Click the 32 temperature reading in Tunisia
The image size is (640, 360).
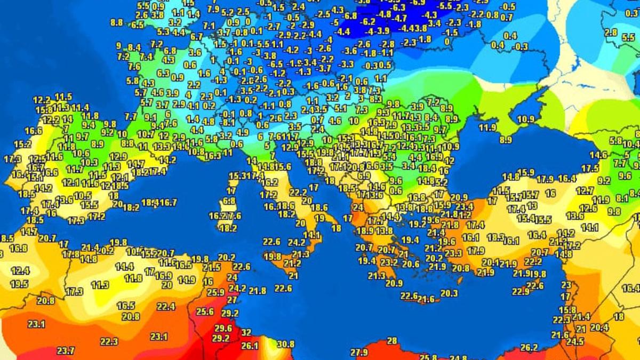coord(246,332)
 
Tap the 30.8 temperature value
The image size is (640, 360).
coord(285,344)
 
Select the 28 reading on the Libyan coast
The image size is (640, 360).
coord(392,340)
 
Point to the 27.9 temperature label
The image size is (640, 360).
coord(359,352)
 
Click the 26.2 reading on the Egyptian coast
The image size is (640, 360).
coord(529,347)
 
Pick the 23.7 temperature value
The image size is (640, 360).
coord(66,350)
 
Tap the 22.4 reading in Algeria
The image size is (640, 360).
coord(166,306)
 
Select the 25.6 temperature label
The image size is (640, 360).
coord(205,312)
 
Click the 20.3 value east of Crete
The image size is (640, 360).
coord(449,293)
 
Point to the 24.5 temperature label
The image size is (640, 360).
coord(574,342)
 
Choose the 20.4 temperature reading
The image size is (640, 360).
coord(599,327)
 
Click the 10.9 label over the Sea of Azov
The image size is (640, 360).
coord(525,119)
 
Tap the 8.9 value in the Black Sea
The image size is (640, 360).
coord(506,140)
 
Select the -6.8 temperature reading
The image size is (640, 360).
coord(349,16)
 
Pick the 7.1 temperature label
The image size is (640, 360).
coord(209,26)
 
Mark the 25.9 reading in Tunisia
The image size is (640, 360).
coord(215,292)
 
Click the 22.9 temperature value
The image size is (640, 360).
coord(520,291)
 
